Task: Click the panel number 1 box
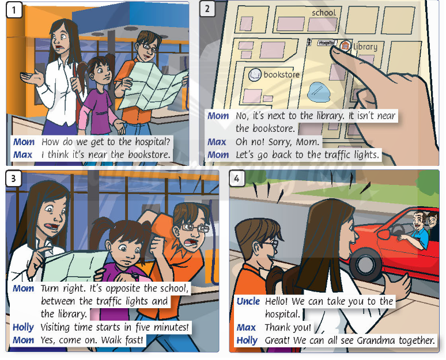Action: coord(14,10)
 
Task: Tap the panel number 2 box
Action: coord(207,9)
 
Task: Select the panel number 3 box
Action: coord(13,178)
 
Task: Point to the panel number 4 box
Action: coord(237,178)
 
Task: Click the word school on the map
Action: coord(324,13)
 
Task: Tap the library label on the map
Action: coord(365,46)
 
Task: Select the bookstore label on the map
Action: coord(281,74)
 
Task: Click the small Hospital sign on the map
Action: coord(327,43)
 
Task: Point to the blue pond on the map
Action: coord(319,92)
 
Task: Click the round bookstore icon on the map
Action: coord(255,75)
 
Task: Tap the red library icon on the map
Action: coord(345,46)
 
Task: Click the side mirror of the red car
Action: coord(383,234)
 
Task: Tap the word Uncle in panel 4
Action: coord(248,301)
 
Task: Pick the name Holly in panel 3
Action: coord(23,328)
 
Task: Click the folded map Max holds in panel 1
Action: coord(153,86)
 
